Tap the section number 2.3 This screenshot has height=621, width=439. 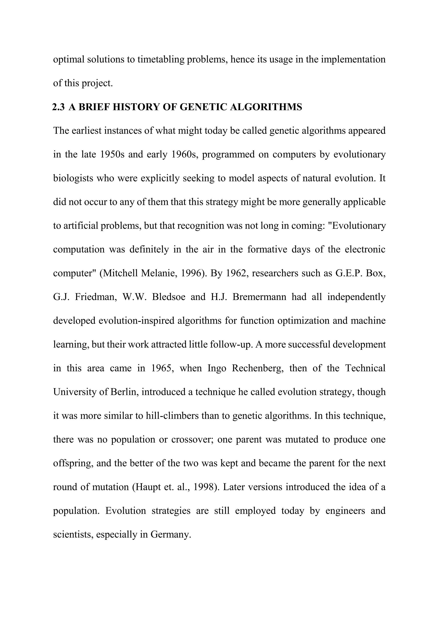coord(58,107)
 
